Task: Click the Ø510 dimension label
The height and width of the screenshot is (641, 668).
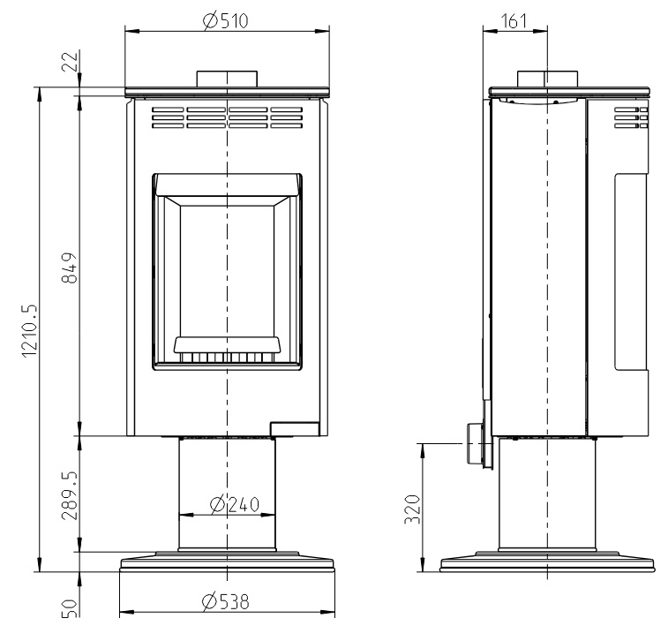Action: click(x=225, y=20)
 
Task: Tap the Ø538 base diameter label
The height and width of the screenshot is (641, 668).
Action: click(x=225, y=601)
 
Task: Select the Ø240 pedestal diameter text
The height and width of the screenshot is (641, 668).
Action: click(x=235, y=504)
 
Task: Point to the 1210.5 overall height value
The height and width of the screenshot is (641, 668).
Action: click(x=30, y=331)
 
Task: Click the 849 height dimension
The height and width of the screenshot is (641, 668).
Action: click(x=70, y=268)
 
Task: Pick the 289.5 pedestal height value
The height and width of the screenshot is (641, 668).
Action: click(x=70, y=495)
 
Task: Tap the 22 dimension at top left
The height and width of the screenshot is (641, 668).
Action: click(x=71, y=61)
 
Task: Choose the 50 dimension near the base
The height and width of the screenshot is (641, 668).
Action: click(x=71, y=608)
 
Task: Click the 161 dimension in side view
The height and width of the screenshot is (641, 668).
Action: click(x=514, y=21)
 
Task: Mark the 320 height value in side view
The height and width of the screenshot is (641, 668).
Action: click(x=412, y=509)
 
